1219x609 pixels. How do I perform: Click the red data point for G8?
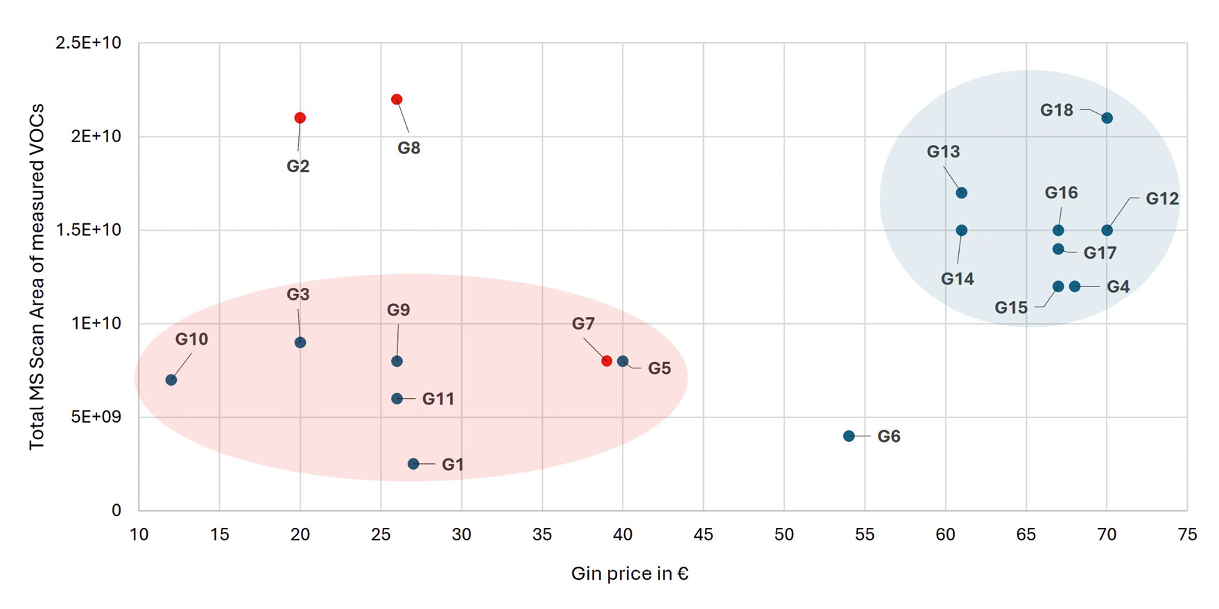pyautogui.click(x=397, y=99)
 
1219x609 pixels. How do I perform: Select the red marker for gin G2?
pyautogui.click(x=300, y=118)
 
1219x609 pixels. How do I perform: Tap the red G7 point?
pyautogui.click(x=607, y=361)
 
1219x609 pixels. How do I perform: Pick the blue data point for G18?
pyautogui.click(x=1107, y=118)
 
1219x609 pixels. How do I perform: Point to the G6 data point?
pyautogui.click(x=849, y=436)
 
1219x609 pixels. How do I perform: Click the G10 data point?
pyautogui.click(x=171, y=379)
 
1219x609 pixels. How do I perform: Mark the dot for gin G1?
pyautogui.click(x=413, y=463)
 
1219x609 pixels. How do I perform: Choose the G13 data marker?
pyautogui.click(x=961, y=193)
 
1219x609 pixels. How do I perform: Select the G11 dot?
pyautogui.click(x=397, y=398)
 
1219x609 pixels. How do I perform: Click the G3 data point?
pyautogui.click(x=300, y=342)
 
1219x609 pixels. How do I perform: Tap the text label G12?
pyautogui.click(x=1161, y=199)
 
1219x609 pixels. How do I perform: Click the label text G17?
pyautogui.click(x=1100, y=253)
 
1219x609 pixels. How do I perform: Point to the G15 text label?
pyautogui.click(x=1011, y=307)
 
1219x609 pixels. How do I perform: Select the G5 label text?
pyautogui.click(x=659, y=368)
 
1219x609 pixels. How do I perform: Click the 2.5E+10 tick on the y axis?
pyautogui.click(x=88, y=43)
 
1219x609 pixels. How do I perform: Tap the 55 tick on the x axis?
pyautogui.click(x=865, y=534)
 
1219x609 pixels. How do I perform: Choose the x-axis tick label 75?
pyautogui.click(x=1187, y=534)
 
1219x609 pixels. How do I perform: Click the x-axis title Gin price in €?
pyautogui.click(x=630, y=574)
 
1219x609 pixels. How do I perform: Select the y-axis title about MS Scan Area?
pyautogui.click(x=37, y=276)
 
